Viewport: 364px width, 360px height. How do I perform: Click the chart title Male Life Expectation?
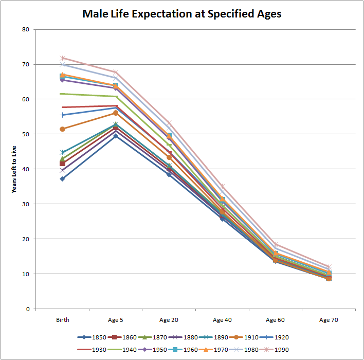182,14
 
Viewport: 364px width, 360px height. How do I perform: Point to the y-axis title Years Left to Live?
14,169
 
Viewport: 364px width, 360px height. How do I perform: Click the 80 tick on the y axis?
26,29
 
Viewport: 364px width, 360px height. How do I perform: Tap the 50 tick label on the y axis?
26,134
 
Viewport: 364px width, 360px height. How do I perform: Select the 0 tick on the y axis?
27,309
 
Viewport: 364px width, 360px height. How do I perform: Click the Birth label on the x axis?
63,320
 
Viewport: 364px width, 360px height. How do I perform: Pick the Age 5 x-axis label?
116,320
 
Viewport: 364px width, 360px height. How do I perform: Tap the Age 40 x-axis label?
222,320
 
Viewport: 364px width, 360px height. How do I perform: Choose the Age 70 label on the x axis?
329,320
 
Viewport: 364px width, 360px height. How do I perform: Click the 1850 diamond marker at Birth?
62,179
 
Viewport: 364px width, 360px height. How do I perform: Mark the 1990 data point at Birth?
62,58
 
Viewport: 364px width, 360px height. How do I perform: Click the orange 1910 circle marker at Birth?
62,129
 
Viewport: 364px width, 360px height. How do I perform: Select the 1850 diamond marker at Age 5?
116,136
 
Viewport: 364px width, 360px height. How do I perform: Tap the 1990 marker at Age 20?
169,122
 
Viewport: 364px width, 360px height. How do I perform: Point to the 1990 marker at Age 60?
275,244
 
